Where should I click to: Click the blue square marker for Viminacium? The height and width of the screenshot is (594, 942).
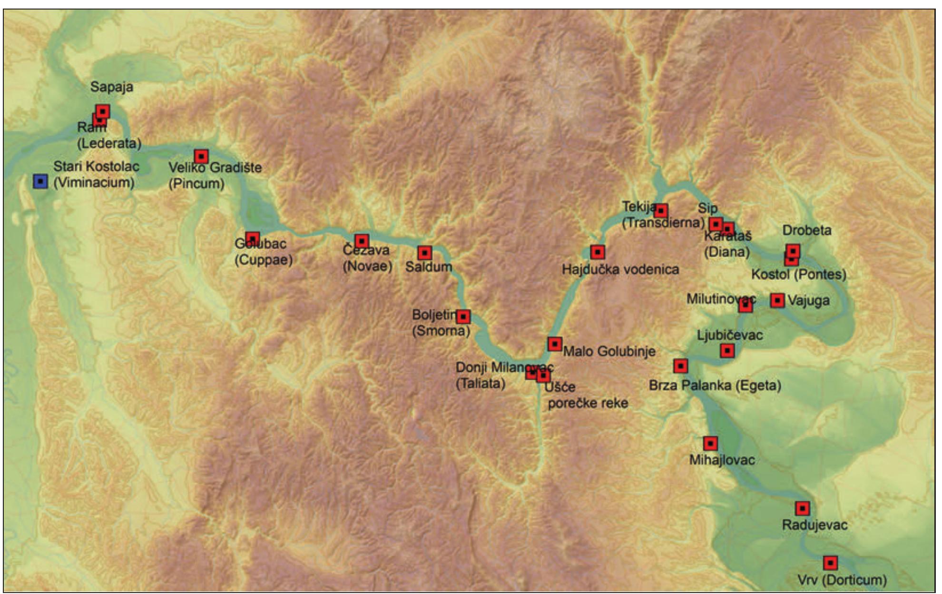[x=40, y=181]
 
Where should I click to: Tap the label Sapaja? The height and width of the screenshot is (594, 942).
[x=111, y=87]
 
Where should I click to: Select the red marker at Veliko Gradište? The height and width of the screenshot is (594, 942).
[x=201, y=156]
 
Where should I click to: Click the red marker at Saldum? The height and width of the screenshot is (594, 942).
[x=425, y=252]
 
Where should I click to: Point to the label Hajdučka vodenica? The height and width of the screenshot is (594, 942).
[x=620, y=269]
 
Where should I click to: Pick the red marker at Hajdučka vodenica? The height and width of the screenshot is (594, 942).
[x=598, y=251]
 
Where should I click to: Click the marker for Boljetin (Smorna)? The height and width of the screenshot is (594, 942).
[x=463, y=316]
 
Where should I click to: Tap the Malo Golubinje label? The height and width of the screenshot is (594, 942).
[x=609, y=351]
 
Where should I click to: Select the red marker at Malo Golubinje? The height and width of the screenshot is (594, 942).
[x=555, y=344]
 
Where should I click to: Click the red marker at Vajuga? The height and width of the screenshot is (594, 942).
[x=777, y=300]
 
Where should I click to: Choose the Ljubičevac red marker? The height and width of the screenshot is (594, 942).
[x=727, y=351]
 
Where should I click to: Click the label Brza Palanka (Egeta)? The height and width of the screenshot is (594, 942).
[x=715, y=385]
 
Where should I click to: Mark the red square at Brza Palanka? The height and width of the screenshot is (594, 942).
[x=681, y=366]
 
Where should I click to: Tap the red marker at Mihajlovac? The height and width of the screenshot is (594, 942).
[x=710, y=444]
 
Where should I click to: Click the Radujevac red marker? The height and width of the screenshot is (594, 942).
[x=803, y=508]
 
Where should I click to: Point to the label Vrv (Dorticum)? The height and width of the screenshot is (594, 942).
[x=842, y=580]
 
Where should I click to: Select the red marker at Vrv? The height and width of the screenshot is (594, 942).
[x=830, y=563]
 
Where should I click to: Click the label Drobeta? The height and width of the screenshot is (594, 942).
[x=807, y=230]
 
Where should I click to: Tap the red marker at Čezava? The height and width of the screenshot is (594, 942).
[x=362, y=241]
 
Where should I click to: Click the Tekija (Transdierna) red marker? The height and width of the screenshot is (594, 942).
[x=661, y=210]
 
